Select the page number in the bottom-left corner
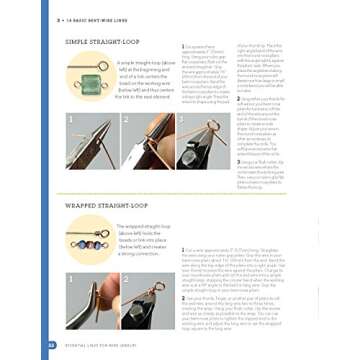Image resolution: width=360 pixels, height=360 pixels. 52,345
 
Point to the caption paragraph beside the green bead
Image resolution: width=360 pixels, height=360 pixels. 145,82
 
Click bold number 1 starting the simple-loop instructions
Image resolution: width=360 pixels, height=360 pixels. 183,46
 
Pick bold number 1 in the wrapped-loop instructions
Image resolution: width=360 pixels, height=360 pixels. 183,249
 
